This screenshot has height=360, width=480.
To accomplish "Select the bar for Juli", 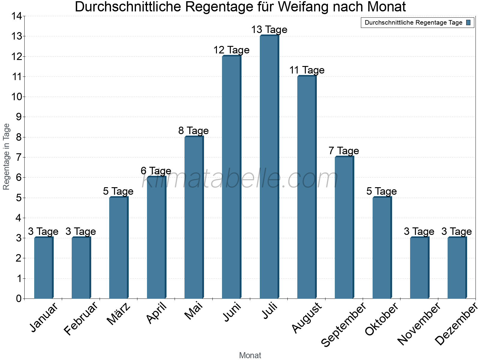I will click(269, 167).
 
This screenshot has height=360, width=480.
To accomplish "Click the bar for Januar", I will click(43, 268).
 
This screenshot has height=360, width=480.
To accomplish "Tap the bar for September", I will click(344, 227).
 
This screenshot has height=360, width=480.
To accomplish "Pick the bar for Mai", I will click(194, 217).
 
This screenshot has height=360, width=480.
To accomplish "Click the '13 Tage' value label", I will click(269, 30).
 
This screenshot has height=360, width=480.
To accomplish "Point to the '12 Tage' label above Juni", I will click(231, 50).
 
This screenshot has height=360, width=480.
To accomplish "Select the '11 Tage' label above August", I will click(307, 70).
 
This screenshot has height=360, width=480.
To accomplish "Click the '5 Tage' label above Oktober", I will click(381, 191).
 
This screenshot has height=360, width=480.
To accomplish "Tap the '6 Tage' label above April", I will click(156, 171).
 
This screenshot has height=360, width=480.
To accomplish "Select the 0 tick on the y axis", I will click(19, 298).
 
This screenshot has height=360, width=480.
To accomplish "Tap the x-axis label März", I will click(119, 314).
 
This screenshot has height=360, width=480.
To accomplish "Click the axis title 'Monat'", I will click(250, 355).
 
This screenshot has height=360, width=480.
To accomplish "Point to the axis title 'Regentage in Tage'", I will click(6, 157).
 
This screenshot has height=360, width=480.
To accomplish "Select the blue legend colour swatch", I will click(468, 22).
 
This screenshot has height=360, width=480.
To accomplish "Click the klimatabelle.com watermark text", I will click(240, 179).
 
